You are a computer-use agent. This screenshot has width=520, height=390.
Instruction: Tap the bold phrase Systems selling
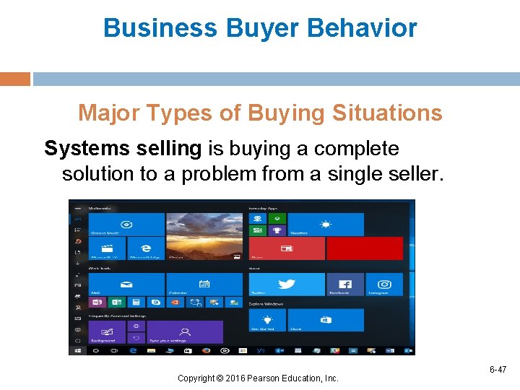click(123, 149)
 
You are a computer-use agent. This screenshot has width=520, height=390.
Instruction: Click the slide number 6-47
click(498, 370)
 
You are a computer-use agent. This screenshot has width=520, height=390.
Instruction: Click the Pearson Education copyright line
click(259, 378)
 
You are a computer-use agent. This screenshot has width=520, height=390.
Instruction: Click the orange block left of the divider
click(15, 79)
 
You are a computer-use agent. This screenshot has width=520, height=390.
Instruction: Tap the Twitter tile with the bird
click(287, 285)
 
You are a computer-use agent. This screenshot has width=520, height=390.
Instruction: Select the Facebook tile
click(345, 285)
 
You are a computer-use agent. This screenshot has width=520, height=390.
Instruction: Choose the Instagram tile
click(384, 285)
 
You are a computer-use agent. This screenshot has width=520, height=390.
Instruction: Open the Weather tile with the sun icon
click(325, 225)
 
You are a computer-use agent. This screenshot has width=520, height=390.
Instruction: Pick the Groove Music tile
click(126, 225)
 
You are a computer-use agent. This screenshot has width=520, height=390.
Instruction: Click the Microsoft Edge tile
click(145, 248)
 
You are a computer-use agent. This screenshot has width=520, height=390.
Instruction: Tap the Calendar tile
click(204, 285)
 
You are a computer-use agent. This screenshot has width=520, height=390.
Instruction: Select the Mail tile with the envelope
click(126, 285)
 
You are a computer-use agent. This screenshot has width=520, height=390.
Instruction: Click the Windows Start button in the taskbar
click(77, 350)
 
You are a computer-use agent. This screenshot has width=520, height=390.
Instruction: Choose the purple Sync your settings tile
click(184, 332)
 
